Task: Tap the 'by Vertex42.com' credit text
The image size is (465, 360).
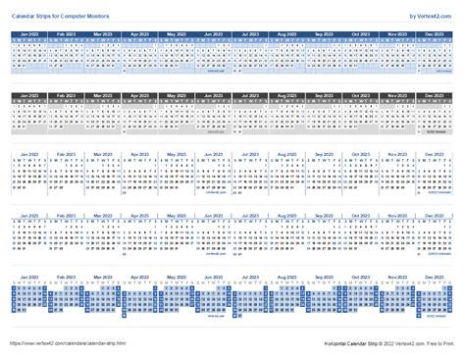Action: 431,15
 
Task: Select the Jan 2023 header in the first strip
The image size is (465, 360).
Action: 29,34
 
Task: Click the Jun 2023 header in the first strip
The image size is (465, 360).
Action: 212,34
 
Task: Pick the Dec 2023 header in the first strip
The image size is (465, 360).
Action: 433,34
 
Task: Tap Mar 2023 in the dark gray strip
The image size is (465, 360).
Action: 103,94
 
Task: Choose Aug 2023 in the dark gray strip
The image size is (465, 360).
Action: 286,94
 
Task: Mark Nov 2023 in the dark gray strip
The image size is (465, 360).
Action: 396,94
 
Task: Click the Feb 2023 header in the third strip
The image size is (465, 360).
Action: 67,154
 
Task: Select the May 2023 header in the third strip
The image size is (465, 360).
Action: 177,154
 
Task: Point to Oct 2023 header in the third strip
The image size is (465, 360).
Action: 360,154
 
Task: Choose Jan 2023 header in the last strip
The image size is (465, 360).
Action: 29,278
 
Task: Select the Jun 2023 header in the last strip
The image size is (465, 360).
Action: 212,278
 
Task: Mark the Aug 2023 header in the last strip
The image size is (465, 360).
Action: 286,278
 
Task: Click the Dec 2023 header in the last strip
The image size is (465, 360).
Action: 433,278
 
